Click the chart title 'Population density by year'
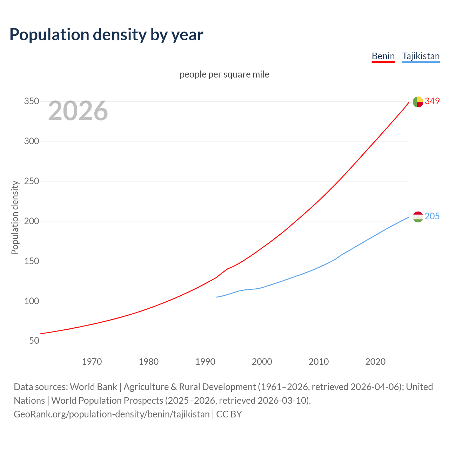[106, 34]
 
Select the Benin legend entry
[383, 56]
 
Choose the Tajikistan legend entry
[421, 56]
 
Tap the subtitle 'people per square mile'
[224, 74]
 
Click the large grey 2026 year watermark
[78, 111]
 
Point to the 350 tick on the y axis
[31, 101]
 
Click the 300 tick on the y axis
[31, 141]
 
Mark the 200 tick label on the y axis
[31, 221]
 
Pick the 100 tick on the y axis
[31, 301]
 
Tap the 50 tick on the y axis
[34, 341]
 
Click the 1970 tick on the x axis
[92, 362]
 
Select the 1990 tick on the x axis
[205, 362]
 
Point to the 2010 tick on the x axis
[319, 362]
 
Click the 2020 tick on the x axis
[375, 362]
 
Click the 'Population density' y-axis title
[15, 217]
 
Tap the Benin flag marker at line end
[418, 102]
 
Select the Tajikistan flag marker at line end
[418, 217]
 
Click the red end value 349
[432, 101]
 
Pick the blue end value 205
[432, 216]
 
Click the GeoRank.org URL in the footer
[112, 414]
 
